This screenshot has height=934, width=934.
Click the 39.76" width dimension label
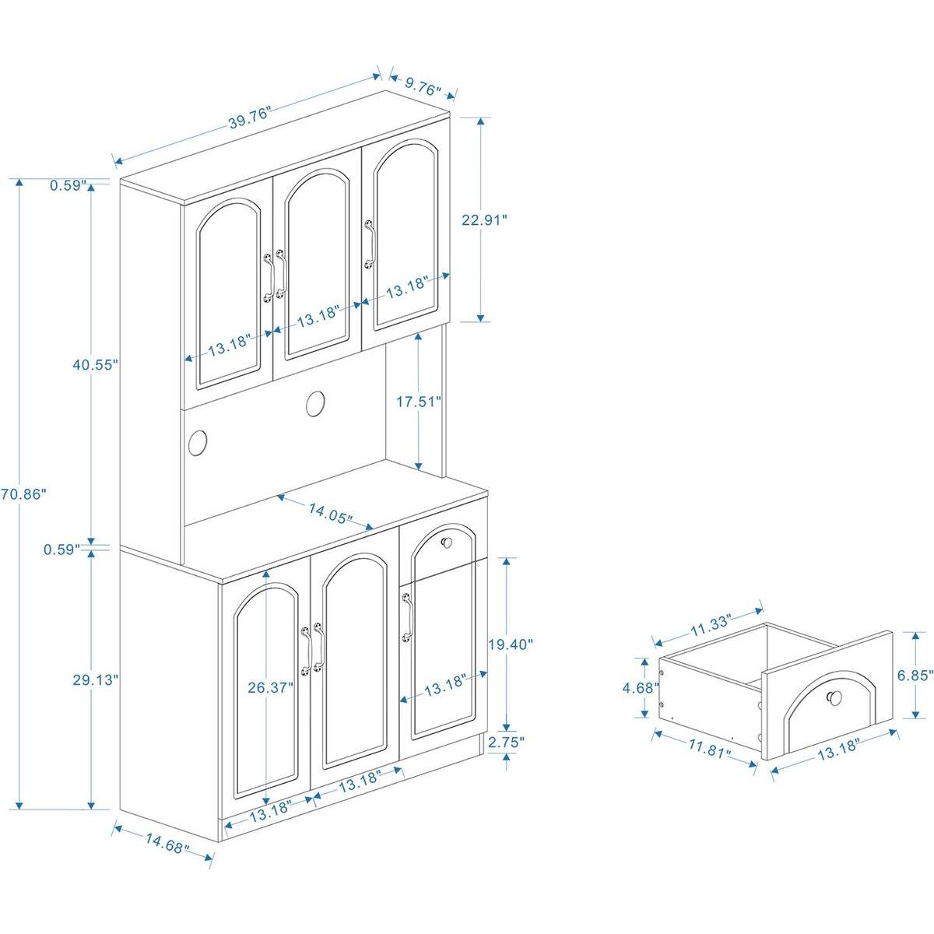coord(248,119)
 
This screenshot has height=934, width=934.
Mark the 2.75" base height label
coord(507,743)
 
